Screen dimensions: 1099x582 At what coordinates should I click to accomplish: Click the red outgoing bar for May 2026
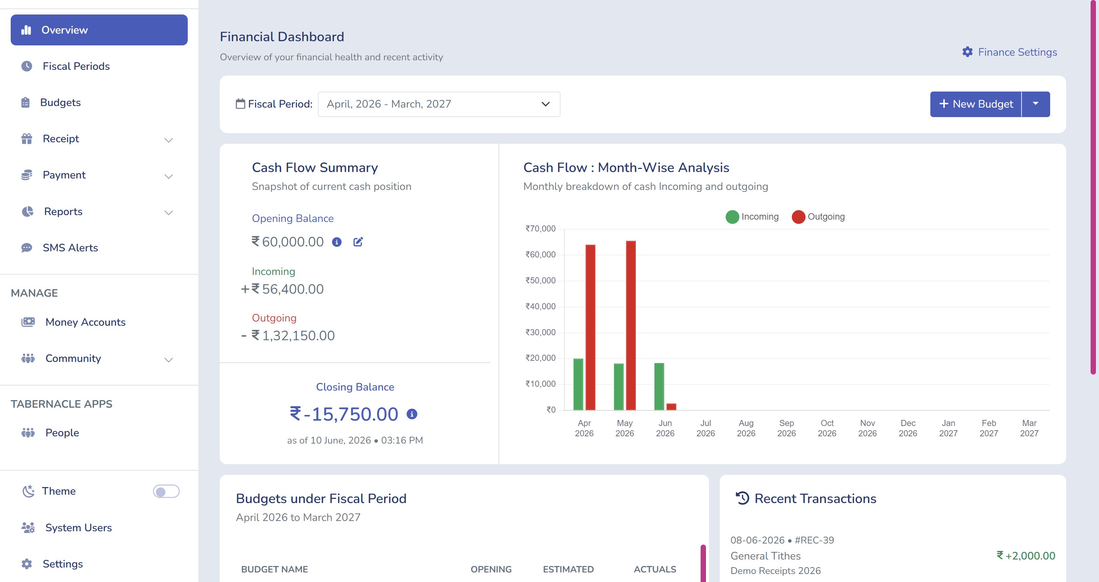pos(630,325)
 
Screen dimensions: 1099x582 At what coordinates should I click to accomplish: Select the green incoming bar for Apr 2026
pos(578,384)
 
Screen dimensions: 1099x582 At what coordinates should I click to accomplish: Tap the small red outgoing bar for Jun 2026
pos(671,407)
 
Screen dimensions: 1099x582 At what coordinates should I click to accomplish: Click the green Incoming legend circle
pos(732,217)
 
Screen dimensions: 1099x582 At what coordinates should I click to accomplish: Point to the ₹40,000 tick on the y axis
pos(541,306)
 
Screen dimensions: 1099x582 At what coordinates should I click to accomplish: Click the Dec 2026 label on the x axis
pos(908,428)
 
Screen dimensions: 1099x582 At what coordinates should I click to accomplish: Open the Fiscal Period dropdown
pos(439,104)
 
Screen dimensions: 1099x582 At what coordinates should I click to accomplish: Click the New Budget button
pos(976,104)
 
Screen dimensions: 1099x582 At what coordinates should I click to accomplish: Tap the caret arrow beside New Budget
pos(1035,104)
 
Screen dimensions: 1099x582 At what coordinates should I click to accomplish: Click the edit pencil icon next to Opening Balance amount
pos(358,242)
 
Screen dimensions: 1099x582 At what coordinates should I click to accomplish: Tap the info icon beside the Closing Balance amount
pos(412,414)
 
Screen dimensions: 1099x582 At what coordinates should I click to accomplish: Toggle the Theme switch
pos(166,491)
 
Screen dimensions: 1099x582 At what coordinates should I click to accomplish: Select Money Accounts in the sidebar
pos(85,322)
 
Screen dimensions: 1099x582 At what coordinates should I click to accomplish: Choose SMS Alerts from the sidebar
pos(70,248)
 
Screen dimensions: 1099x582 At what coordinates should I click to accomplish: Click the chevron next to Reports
pos(169,212)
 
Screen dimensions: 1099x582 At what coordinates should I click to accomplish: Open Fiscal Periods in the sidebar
pos(76,66)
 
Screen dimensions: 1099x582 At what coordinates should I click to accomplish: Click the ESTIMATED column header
pos(568,569)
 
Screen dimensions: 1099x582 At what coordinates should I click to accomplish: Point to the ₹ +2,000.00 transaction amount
pos(1026,556)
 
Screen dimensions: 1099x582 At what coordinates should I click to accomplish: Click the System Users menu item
pos(79,527)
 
